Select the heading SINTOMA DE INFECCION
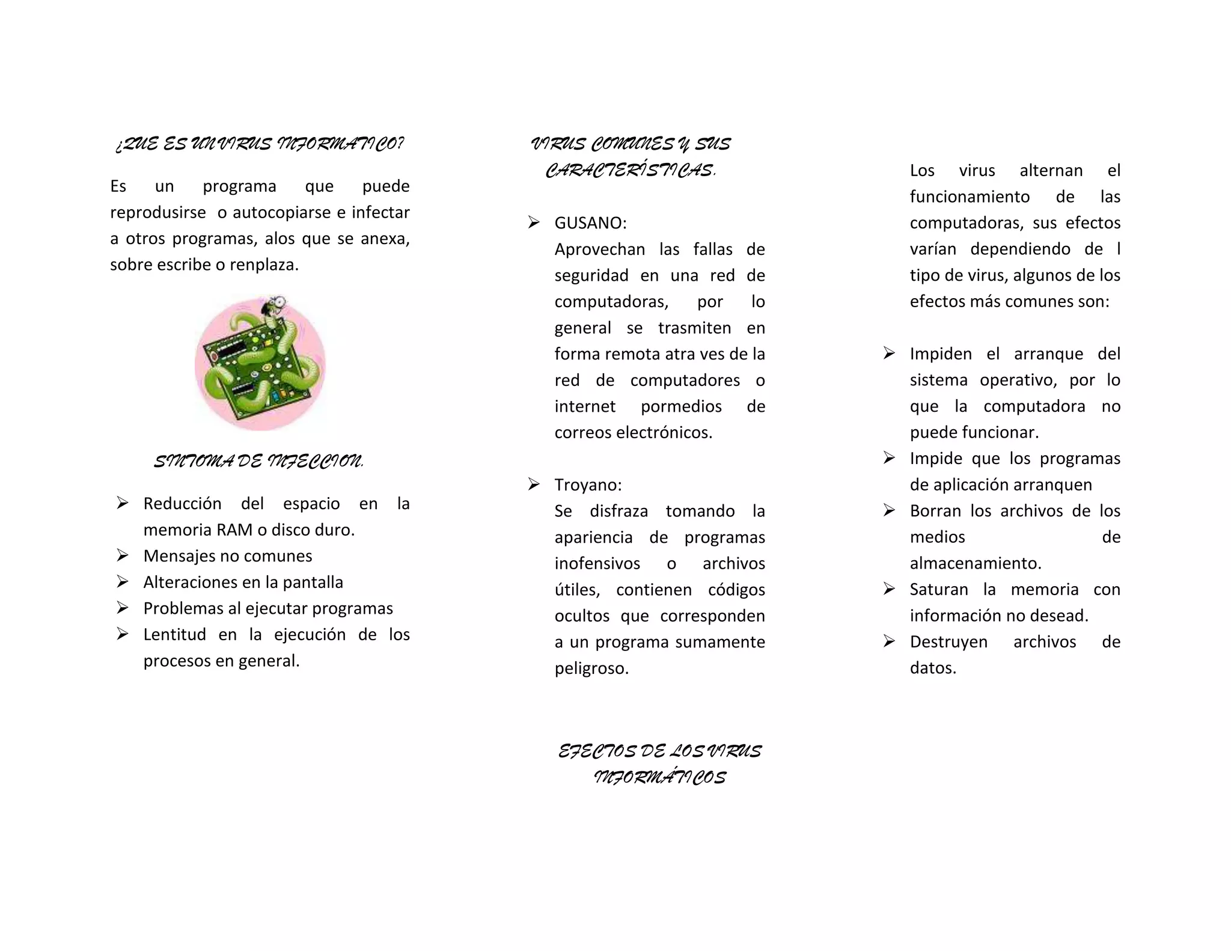[259, 462]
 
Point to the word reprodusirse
[158, 213]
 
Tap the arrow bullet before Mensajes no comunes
[123, 555]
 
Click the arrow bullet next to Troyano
[533, 484]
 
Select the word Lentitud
[174, 635]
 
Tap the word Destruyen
[948, 642]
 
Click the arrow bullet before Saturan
[889, 589]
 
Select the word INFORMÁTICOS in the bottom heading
[659, 778]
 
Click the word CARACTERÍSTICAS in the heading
[629, 171]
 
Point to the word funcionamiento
[970, 197]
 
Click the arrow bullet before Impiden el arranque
[889, 353]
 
